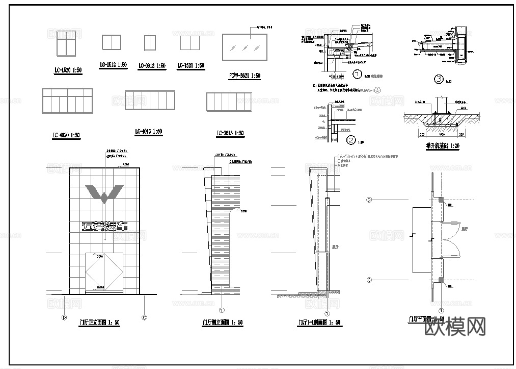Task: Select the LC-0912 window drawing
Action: click(x=149, y=43)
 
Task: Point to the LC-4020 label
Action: click(x=66, y=135)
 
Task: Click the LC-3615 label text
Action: click(x=230, y=133)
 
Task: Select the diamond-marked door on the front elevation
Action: click(x=104, y=273)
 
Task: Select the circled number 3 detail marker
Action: click(x=439, y=79)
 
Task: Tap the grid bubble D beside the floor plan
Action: click(x=369, y=200)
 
